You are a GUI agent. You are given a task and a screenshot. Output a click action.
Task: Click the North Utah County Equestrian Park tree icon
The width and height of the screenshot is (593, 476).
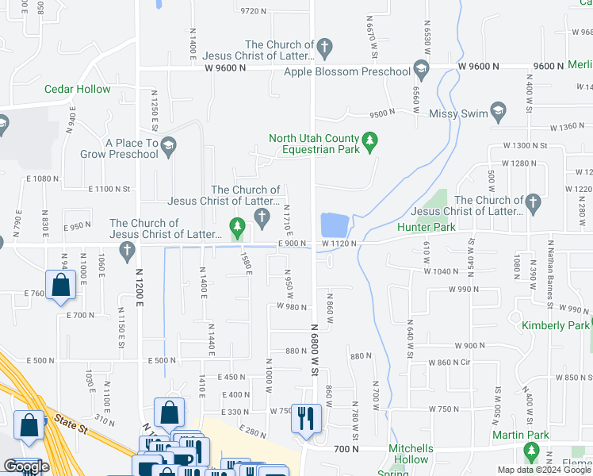tap(369, 143)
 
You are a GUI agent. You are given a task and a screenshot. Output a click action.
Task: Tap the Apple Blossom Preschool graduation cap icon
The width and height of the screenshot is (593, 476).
tap(420, 71)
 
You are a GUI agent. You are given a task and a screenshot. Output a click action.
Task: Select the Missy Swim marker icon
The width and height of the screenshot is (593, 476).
tap(498, 109)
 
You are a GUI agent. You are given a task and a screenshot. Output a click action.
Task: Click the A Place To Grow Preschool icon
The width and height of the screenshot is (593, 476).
tap(168, 145)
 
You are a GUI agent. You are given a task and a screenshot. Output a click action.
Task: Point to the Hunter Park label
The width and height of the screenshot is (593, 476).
tap(427, 227)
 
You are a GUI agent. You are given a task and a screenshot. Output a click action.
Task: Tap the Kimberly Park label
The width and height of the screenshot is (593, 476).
tap(555, 325)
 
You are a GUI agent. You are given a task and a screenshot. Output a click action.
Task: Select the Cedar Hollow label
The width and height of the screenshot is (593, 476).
tap(78, 89)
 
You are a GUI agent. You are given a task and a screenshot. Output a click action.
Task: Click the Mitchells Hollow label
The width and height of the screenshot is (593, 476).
tap(409, 454)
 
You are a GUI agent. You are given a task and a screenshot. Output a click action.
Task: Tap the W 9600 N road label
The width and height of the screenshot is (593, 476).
tap(224, 68)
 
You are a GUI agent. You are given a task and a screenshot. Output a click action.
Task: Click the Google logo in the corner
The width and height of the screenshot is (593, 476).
tap(26, 466)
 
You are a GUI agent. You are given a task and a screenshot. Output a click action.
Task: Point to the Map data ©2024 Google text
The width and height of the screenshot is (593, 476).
tap(543, 470)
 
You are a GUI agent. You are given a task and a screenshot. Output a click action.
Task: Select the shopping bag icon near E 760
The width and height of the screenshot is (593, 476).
tap(60, 284)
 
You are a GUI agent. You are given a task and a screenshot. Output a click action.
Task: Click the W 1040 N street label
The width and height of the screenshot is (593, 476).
tap(441, 271)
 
